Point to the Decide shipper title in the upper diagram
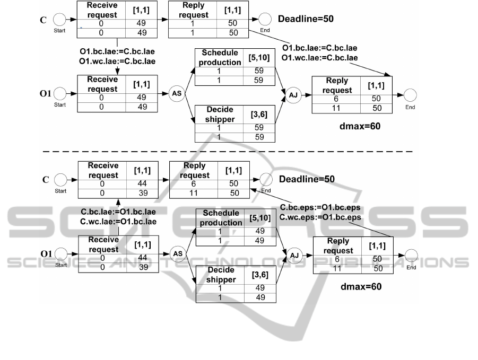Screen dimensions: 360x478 pos(220,115)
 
